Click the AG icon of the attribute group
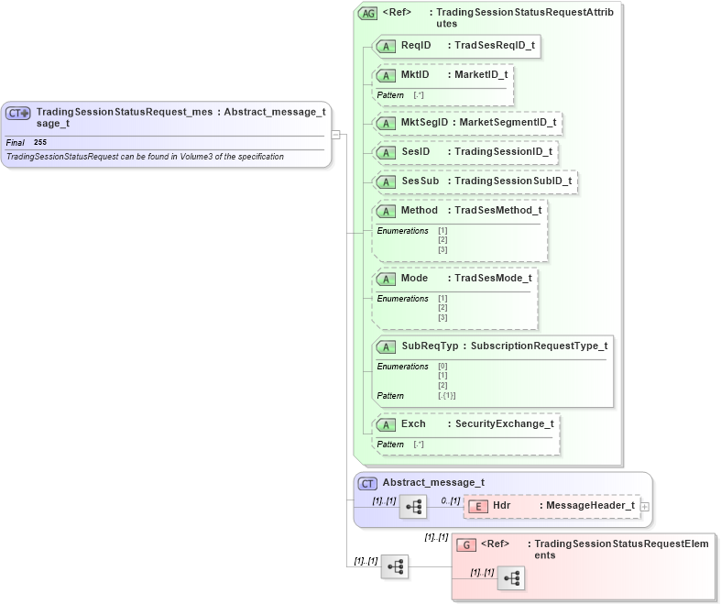point(367,14)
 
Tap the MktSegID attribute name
point(424,121)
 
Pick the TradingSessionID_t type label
point(503,151)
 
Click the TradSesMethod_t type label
point(497,210)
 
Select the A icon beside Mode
point(386,279)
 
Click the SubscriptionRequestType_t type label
point(539,346)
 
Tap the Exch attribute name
point(413,423)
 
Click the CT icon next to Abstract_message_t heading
point(367,483)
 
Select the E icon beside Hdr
point(477,506)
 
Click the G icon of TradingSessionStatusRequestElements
point(465,544)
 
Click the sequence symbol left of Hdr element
point(413,506)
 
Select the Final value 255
point(40,143)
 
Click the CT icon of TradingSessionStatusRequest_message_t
point(18,113)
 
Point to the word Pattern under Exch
point(390,445)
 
